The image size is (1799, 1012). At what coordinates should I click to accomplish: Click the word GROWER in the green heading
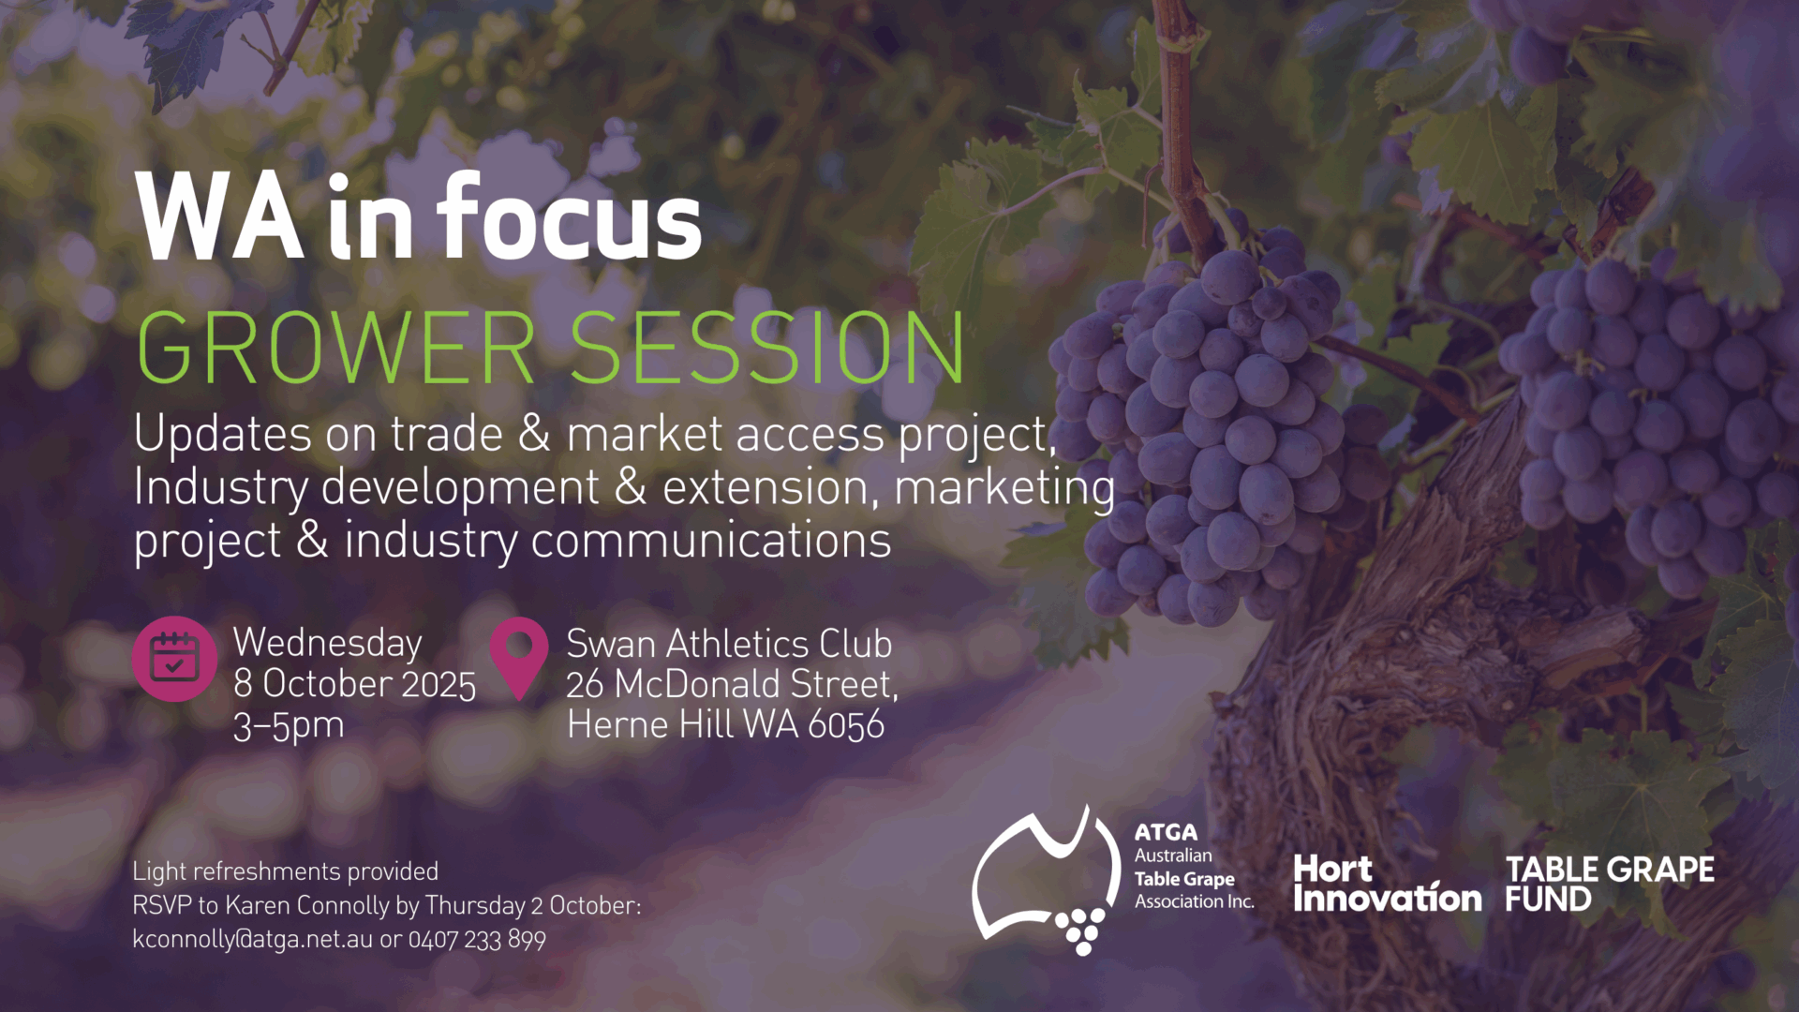coord(336,348)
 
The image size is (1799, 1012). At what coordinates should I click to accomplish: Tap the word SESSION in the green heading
coord(767,348)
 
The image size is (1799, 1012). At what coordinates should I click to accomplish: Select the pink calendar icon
coord(175,659)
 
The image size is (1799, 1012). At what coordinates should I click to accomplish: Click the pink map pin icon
coord(519,658)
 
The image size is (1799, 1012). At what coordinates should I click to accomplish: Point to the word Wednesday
coord(328,644)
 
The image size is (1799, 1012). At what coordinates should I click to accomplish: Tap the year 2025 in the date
coord(439,685)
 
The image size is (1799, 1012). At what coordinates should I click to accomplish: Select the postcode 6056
coord(846,725)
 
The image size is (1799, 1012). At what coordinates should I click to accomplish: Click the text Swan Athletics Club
coord(729,644)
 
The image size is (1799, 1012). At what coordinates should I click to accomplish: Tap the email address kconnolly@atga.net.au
coord(253,940)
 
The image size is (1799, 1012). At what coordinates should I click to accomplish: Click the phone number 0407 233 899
coord(477,940)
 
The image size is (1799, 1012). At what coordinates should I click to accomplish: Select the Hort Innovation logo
coord(1387,884)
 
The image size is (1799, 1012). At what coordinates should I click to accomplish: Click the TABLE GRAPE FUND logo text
coord(1610,884)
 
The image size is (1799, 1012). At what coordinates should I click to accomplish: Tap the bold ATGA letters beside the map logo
coord(1166,832)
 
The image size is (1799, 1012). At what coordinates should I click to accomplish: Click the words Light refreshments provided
coord(286,872)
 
